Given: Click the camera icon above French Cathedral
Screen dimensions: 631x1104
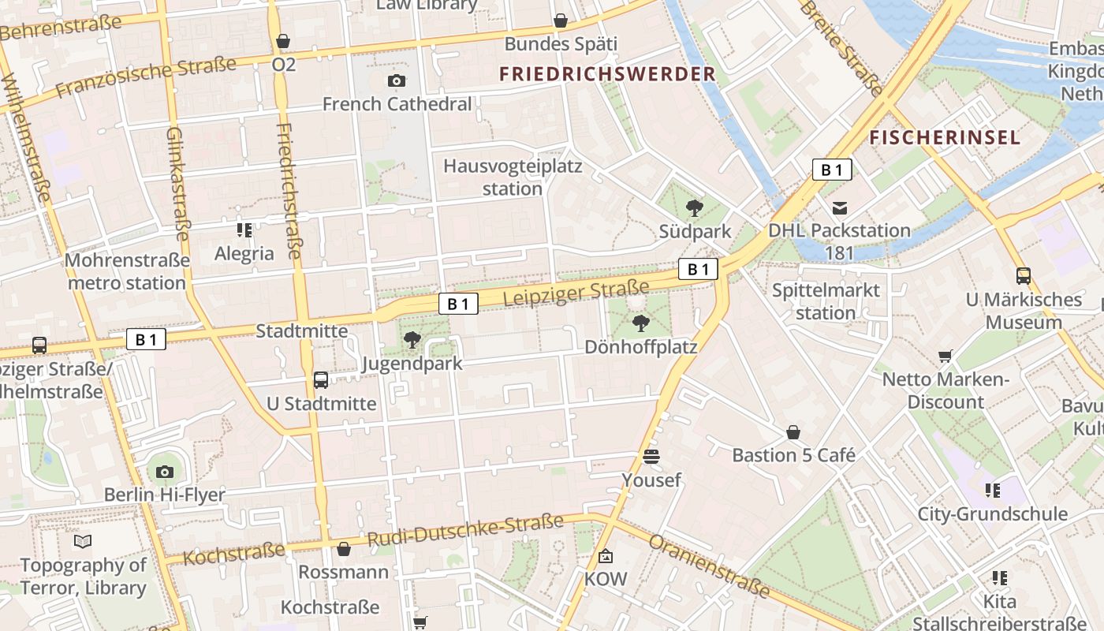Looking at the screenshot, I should click(397, 80).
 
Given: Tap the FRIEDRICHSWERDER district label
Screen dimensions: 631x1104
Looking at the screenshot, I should click(607, 74).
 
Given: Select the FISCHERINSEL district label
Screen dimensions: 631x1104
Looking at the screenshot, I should click(945, 138).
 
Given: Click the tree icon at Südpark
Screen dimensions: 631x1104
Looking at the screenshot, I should click(695, 208).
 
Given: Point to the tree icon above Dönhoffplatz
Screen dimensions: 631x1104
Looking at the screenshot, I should click(641, 323).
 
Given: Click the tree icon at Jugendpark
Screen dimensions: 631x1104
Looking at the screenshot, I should click(412, 340).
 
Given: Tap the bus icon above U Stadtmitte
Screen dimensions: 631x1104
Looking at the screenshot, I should click(321, 380).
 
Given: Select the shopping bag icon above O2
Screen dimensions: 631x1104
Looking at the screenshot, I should click(283, 41).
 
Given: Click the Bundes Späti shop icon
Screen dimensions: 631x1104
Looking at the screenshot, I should click(561, 21).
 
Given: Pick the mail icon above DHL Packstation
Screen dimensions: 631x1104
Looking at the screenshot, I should click(840, 208).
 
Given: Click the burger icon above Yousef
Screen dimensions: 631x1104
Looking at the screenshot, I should click(651, 457).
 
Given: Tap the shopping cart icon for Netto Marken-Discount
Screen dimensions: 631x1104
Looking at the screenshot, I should click(945, 357).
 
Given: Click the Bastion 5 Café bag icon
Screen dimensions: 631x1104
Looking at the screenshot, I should click(793, 432).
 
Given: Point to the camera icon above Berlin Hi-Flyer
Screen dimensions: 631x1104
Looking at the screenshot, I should click(164, 472).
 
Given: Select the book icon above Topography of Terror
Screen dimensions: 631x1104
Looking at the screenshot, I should click(83, 541).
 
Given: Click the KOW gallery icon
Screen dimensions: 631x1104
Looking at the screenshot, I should click(605, 556).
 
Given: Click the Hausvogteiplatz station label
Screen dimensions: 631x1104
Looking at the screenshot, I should click(513, 177).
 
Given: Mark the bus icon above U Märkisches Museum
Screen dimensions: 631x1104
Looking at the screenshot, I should click(1024, 276).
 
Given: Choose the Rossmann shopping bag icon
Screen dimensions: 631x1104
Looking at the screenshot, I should click(343, 549).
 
